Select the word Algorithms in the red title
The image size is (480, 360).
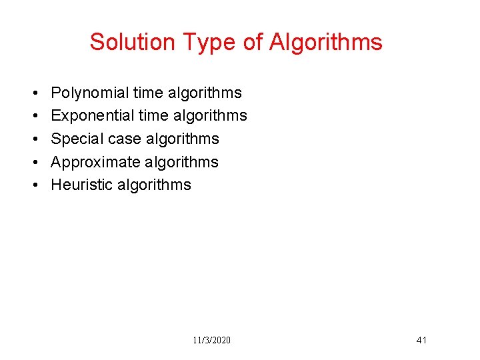click(x=326, y=42)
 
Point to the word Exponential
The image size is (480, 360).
click(x=92, y=115)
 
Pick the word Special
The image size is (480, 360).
click(x=75, y=139)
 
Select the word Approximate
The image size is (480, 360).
click(x=95, y=162)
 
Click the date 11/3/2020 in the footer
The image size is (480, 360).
click(x=212, y=340)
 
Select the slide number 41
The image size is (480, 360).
click(x=421, y=340)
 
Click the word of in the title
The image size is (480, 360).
click(x=253, y=42)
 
